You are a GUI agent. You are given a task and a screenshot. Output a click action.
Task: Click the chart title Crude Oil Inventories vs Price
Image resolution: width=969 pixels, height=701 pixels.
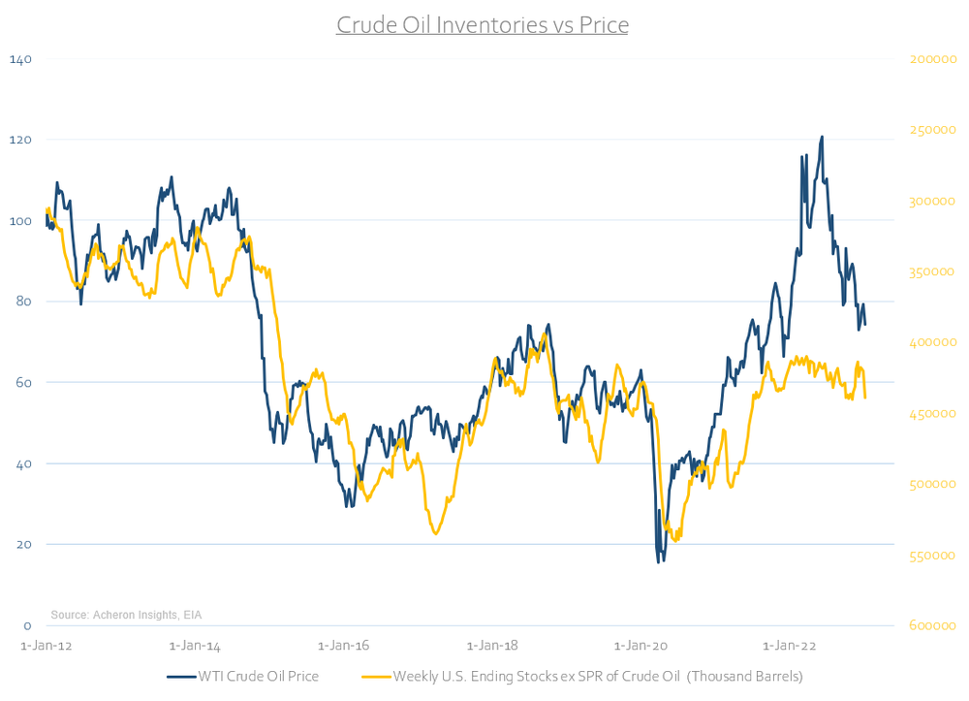(x=483, y=24)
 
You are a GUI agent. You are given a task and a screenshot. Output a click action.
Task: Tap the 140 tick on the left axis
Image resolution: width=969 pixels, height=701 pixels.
(x=20, y=59)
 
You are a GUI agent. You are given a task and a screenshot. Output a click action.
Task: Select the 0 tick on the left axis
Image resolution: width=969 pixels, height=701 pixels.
(x=28, y=625)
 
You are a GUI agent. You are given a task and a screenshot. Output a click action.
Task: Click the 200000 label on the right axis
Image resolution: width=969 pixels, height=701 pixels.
(x=934, y=60)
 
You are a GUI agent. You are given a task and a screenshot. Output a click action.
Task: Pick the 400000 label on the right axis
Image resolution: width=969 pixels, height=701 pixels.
(x=934, y=342)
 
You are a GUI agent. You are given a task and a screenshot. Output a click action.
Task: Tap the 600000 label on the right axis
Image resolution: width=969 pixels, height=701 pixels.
(x=934, y=625)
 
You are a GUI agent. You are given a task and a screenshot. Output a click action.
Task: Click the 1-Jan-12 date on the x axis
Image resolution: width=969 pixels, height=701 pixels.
(x=46, y=645)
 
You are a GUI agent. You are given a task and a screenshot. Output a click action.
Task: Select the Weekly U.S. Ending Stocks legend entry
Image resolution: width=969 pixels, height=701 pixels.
(x=581, y=676)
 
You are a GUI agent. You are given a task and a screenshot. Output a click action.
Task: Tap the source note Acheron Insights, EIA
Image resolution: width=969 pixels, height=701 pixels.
(x=127, y=615)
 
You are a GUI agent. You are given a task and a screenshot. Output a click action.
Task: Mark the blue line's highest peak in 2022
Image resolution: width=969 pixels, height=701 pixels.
(x=822, y=137)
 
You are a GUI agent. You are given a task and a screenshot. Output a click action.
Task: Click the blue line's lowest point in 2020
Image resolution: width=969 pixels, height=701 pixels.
(x=659, y=561)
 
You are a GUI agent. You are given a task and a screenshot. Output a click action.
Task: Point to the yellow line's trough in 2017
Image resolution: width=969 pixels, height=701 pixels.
(x=436, y=533)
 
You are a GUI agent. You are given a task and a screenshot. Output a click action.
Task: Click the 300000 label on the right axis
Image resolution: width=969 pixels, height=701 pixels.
(x=934, y=201)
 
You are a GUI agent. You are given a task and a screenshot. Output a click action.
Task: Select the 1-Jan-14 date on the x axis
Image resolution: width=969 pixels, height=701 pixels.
(x=195, y=645)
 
